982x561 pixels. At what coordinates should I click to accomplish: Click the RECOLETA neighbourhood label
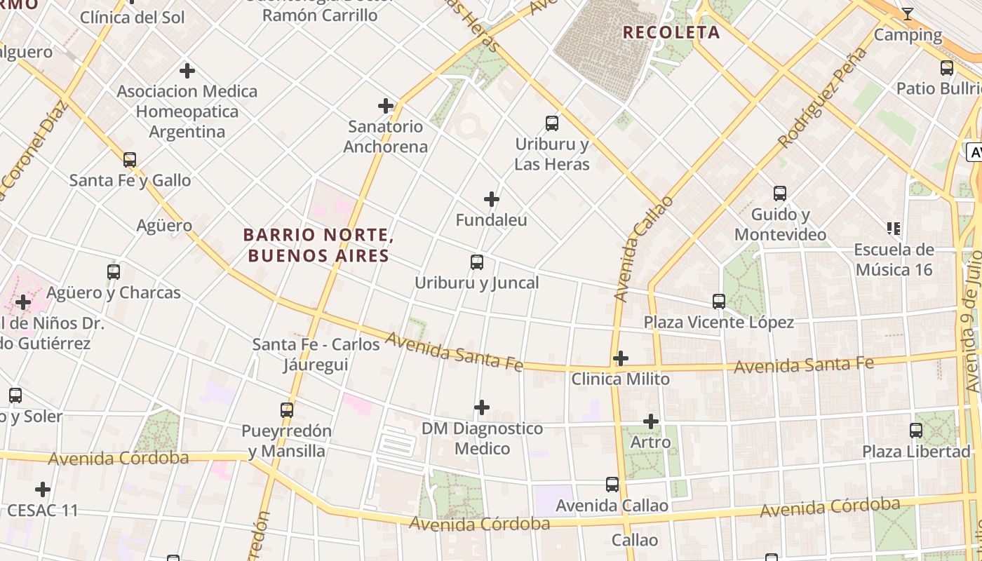pos(671,32)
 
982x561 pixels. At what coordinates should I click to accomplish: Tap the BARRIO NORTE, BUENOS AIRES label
pos(318,245)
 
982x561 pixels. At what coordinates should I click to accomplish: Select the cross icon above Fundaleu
pos(492,199)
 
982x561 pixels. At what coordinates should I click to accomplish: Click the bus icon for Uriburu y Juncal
pos(477,262)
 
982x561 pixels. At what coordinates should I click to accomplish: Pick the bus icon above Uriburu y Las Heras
pos(552,123)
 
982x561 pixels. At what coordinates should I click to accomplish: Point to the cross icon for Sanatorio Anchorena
pos(386,106)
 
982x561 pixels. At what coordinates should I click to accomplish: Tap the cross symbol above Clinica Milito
pos(620,358)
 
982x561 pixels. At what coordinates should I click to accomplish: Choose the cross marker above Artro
pos(651,421)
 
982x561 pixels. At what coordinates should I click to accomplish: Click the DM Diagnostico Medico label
pos(482,438)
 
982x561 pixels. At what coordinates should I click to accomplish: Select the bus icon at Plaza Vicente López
pos(719,302)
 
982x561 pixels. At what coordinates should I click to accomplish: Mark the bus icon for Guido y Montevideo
pos(780,194)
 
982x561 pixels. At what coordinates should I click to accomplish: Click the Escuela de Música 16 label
pos(893,259)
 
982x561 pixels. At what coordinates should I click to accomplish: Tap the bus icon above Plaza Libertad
pos(916,431)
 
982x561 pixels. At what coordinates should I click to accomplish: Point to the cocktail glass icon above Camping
pos(907,13)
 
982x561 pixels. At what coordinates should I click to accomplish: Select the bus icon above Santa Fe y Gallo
pos(130,159)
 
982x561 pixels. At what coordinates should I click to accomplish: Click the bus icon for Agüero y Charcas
pos(114,271)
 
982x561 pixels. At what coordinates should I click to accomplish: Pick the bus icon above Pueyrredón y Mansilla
pos(287,410)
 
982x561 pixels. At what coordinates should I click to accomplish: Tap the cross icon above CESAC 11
pos(43,489)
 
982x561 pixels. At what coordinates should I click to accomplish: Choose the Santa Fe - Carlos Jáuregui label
pos(317,354)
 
